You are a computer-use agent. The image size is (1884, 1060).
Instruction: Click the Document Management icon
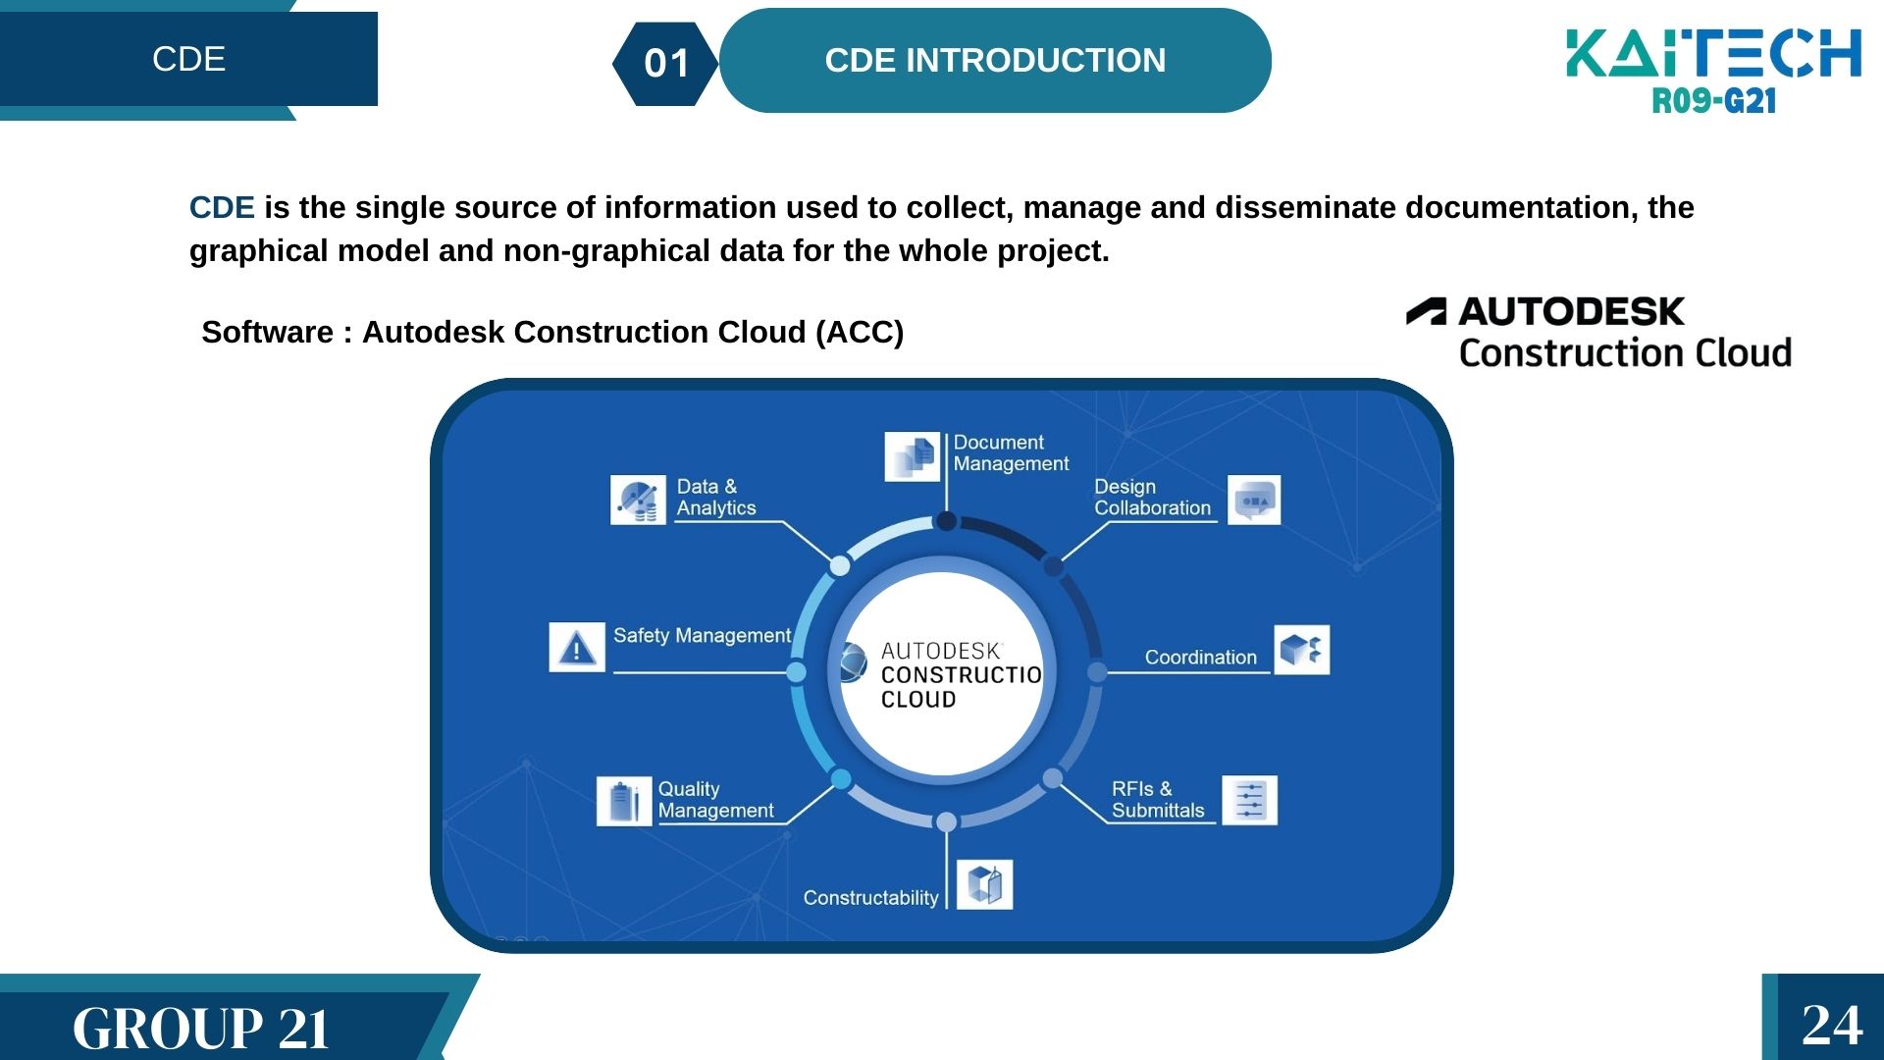pos(912,456)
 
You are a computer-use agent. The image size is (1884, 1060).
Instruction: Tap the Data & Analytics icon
pos(638,501)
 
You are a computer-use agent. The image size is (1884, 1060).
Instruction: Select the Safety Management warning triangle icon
pos(577,648)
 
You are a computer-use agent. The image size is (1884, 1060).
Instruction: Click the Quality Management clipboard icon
pos(623,801)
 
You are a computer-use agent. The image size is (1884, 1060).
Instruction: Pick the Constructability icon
pos(984,885)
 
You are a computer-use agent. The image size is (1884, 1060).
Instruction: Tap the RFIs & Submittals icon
pos(1249,800)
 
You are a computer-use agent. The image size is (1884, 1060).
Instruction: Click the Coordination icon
pos(1301,650)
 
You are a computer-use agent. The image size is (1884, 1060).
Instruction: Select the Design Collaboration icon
pos(1254,501)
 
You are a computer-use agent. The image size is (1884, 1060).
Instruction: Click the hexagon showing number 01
pos(666,64)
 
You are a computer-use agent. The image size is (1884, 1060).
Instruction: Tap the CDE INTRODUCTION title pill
pos(995,61)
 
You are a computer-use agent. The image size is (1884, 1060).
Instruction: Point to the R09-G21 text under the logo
pos(1713,100)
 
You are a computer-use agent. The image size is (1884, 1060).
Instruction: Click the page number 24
pos(1831,1025)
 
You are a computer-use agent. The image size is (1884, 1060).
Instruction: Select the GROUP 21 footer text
pos(200,1029)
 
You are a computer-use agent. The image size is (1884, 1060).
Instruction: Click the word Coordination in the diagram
pos(1200,658)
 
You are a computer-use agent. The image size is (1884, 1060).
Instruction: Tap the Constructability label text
pos(870,898)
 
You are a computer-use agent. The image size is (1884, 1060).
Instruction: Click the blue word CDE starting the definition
pos(222,208)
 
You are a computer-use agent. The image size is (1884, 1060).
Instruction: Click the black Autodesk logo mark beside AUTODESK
pos(1427,312)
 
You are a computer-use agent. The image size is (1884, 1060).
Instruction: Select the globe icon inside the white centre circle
pos(852,663)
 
